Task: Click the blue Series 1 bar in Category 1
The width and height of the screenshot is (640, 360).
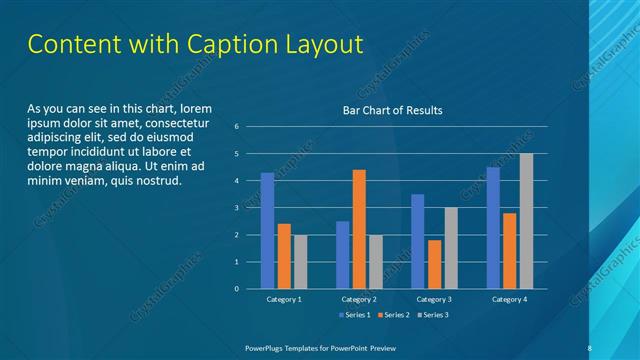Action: [x=267, y=231]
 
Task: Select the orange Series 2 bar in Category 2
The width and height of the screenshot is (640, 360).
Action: [x=359, y=229]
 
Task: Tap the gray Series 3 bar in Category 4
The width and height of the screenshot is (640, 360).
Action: [x=526, y=221]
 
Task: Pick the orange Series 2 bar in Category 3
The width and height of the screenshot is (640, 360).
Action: [x=434, y=264]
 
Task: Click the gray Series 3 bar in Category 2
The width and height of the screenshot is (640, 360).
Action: [x=376, y=262]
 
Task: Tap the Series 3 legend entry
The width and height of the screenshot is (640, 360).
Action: [x=432, y=315]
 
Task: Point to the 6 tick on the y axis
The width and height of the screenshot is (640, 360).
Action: [x=236, y=127]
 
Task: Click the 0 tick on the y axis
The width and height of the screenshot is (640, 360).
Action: [x=236, y=289]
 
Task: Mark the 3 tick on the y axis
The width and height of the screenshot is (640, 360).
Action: [x=236, y=208]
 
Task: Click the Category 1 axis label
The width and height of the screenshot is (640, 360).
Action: [x=284, y=299]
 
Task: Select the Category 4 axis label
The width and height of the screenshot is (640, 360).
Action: [x=509, y=299]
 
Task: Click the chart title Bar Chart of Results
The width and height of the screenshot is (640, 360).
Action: [x=392, y=110]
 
